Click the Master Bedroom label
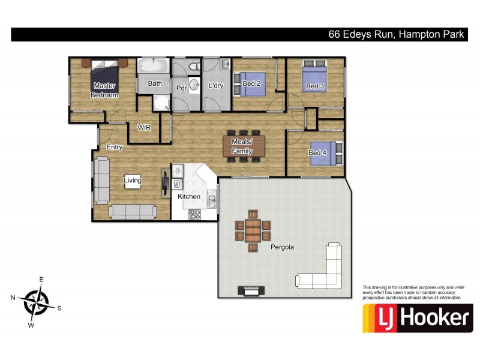pyautogui.click(x=104, y=90)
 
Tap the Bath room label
pyautogui.click(x=155, y=84)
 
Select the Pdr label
pyautogui.click(x=182, y=87)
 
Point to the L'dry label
pyautogui.click(x=216, y=86)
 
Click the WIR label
pyautogui.click(x=144, y=127)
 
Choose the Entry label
pyautogui.click(x=115, y=147)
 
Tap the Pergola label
pyautogui.click(x=282, y=247)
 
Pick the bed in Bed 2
pyautogui.click(x=248, y=81)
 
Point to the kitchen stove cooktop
pyautogui.click(x=195, y=214)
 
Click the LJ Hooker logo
pyautogui.click(x=418, y=318)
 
